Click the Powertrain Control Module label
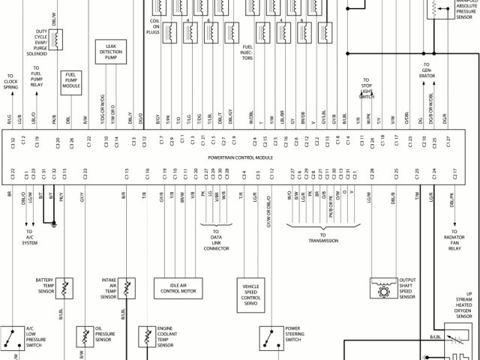pos(239,158)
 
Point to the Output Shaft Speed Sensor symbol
pos(383,288)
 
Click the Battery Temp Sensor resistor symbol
pos(66,288)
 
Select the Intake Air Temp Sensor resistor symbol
pos(128,288)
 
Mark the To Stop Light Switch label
pos(367,88)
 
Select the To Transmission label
pos(323,241)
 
